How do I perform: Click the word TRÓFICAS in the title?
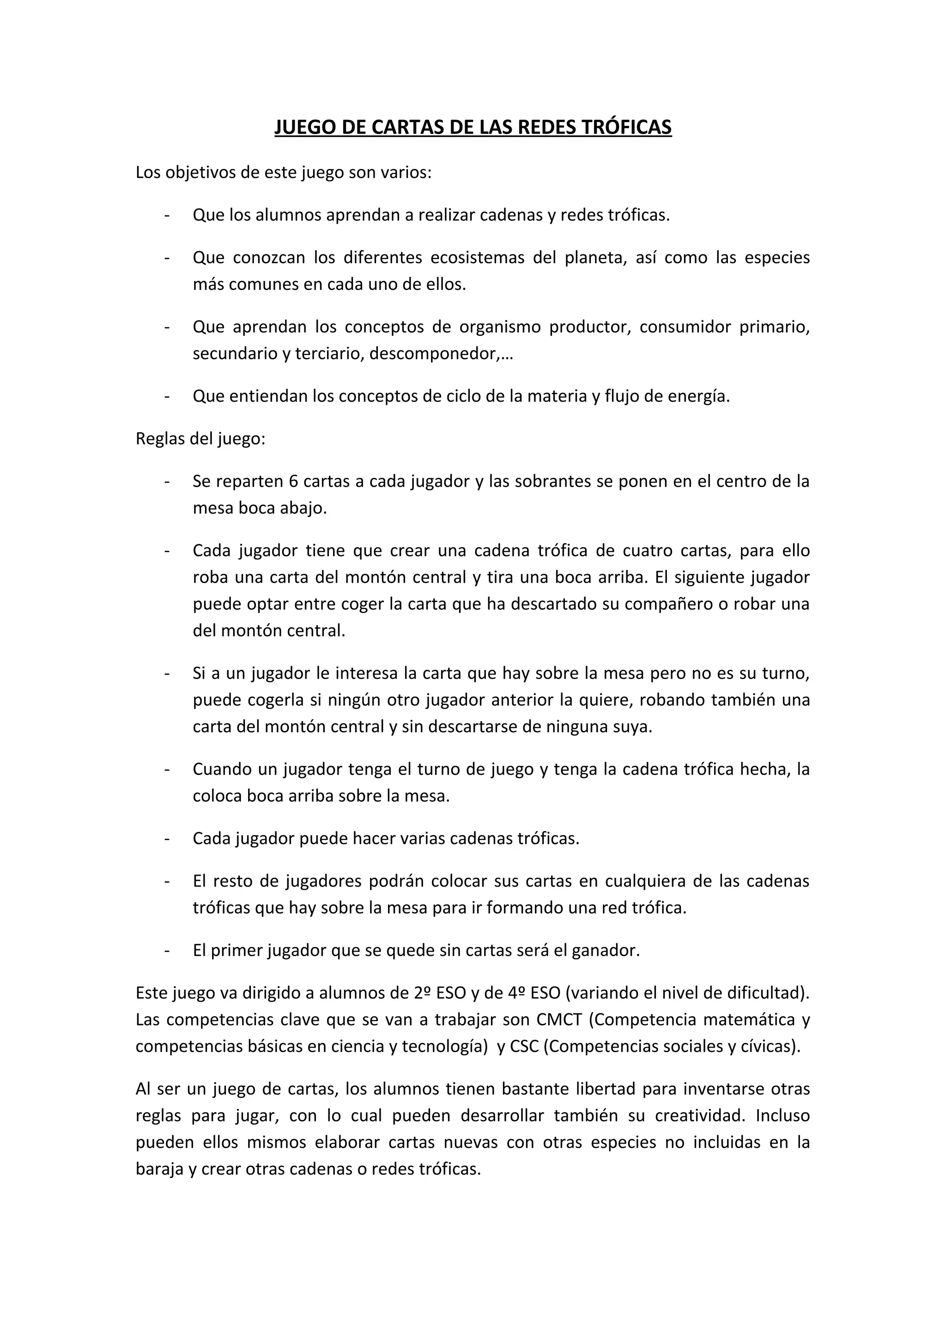pyautogui.click(x=627, y=127)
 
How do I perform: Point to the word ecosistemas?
pyautogui.click(x=477, y=258)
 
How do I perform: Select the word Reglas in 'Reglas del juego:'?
pyautogui.click(x=160, y=439)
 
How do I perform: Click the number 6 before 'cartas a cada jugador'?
pyautogui.click(x=294, y=482)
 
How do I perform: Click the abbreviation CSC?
pyautogui.click(x=525, y=1047)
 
